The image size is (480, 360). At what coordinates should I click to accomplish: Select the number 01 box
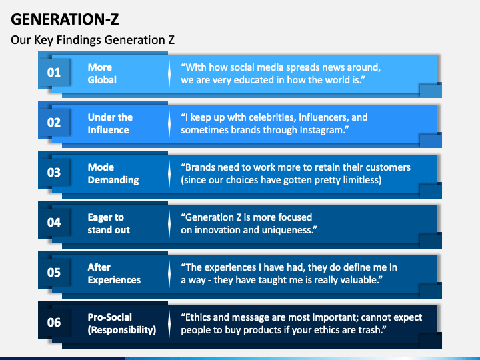coord(54,72)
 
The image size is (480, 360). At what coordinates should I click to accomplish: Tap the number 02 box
coord(54,122)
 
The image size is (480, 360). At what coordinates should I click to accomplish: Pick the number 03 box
coord(54,172)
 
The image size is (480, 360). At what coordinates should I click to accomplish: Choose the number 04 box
coord(54,222)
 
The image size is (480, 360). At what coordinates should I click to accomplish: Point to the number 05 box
coord(54,272)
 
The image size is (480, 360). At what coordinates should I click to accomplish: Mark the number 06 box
coord(54,322)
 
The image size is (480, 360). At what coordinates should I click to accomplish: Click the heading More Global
coord(102,73)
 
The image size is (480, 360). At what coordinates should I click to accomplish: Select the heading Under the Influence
coord(110,123)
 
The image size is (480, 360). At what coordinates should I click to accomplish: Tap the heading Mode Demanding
coord(113,173)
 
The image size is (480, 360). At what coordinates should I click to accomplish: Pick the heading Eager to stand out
coord(109,223)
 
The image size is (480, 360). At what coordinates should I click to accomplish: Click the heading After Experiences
coord(114,273)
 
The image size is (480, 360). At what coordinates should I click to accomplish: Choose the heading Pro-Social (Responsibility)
coord(122,323)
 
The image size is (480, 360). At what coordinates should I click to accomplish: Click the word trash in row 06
coord(376,330)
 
